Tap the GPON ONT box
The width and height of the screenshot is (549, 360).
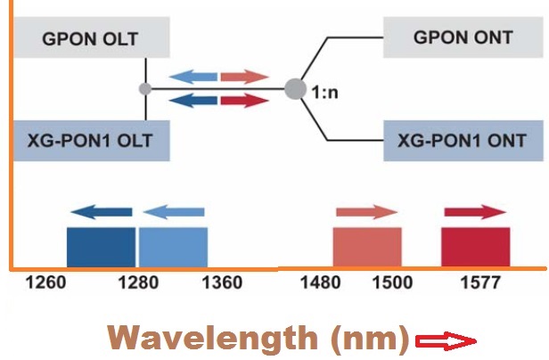pyautogui.click(x=463, y=38)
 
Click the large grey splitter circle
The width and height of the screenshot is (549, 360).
pyautogui.click(x=295, y=89)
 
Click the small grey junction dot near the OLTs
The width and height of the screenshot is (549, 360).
pyautogui.click(x=144, y=89)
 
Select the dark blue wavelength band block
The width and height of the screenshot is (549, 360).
pyautogui.click(x=102, y=246)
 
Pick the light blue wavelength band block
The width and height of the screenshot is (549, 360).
pyautogui.click(x=173, y=246)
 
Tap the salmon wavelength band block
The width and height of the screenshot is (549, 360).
pyautogui.click(x=367, y=246)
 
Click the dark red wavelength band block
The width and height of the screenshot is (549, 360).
pyautogui.click(x=476, y=246)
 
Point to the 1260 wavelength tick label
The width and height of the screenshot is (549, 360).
pyautogui.click(x=46, y=283)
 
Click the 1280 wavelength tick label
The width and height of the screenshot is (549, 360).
pyautogui.click(x=137, y=283)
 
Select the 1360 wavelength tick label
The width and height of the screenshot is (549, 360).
pyautogui.click(x=222, y=283)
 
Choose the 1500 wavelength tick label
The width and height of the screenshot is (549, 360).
pyautogui.click(x=392, y=283)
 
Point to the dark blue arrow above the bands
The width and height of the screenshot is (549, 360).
pyautogui.click(x=102, y=211)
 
